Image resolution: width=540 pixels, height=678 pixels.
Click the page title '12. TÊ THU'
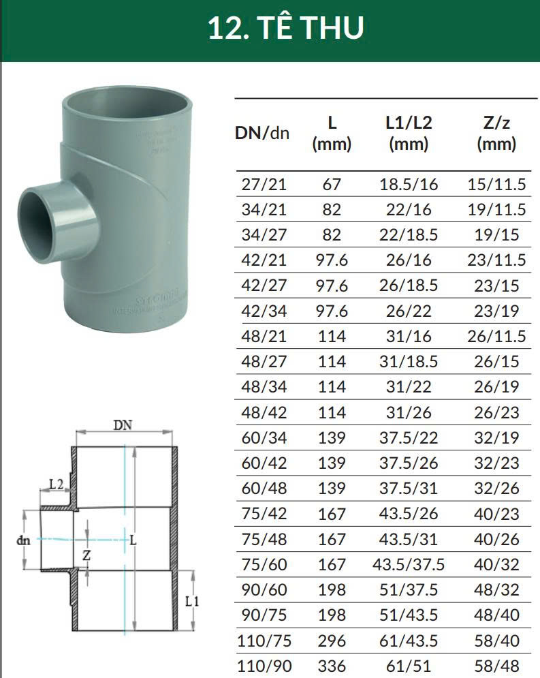pyautogui.click(x=285, y=28)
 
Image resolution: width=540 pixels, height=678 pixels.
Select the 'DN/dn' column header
pyautogui.click(x=261, y=133)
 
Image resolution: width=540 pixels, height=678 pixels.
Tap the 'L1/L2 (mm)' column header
pyautogui.click(x=409, y=134)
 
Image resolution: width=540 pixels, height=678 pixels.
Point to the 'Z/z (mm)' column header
pyautogui.click(x=496, y=134)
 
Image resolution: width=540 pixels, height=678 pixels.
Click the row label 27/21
pyautogui.click(x=264, y=184)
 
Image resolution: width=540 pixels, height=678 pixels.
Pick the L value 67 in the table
pyautogui.click(x=332, y=184)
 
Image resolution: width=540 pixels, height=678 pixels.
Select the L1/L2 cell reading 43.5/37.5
pyautogui.click(x=409, y=564)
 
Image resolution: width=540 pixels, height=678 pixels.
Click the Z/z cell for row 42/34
pyautogui.click(x=496, y=311)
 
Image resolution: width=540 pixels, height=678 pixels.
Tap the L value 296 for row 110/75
pyautogui.click(x=332, y=641)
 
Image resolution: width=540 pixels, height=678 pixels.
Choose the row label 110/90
pyautogui.click(x=264, y=666)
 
